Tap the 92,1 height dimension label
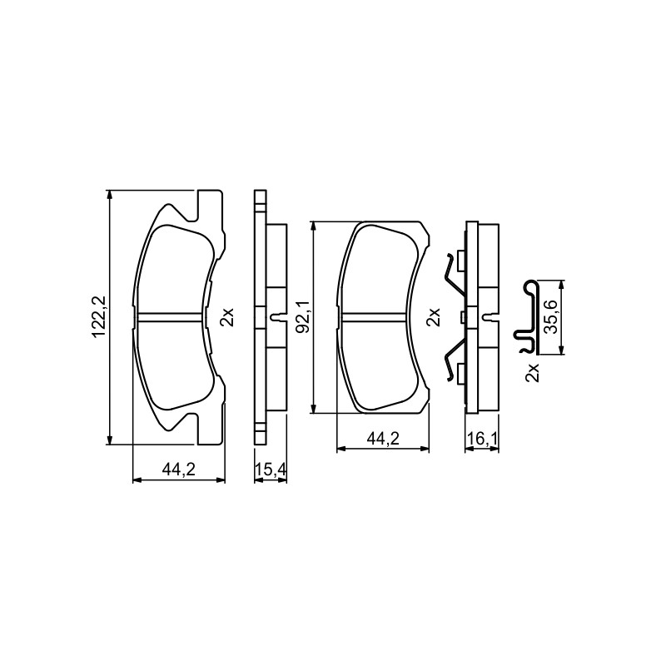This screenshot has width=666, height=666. (x=305, y=316)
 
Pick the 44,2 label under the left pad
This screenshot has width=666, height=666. (x=178, y=470)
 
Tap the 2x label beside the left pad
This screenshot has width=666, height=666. (x=226, y=317)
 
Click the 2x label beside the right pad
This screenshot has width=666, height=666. (x=432, y=317)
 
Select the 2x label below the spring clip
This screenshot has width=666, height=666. (x=532, y=372)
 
